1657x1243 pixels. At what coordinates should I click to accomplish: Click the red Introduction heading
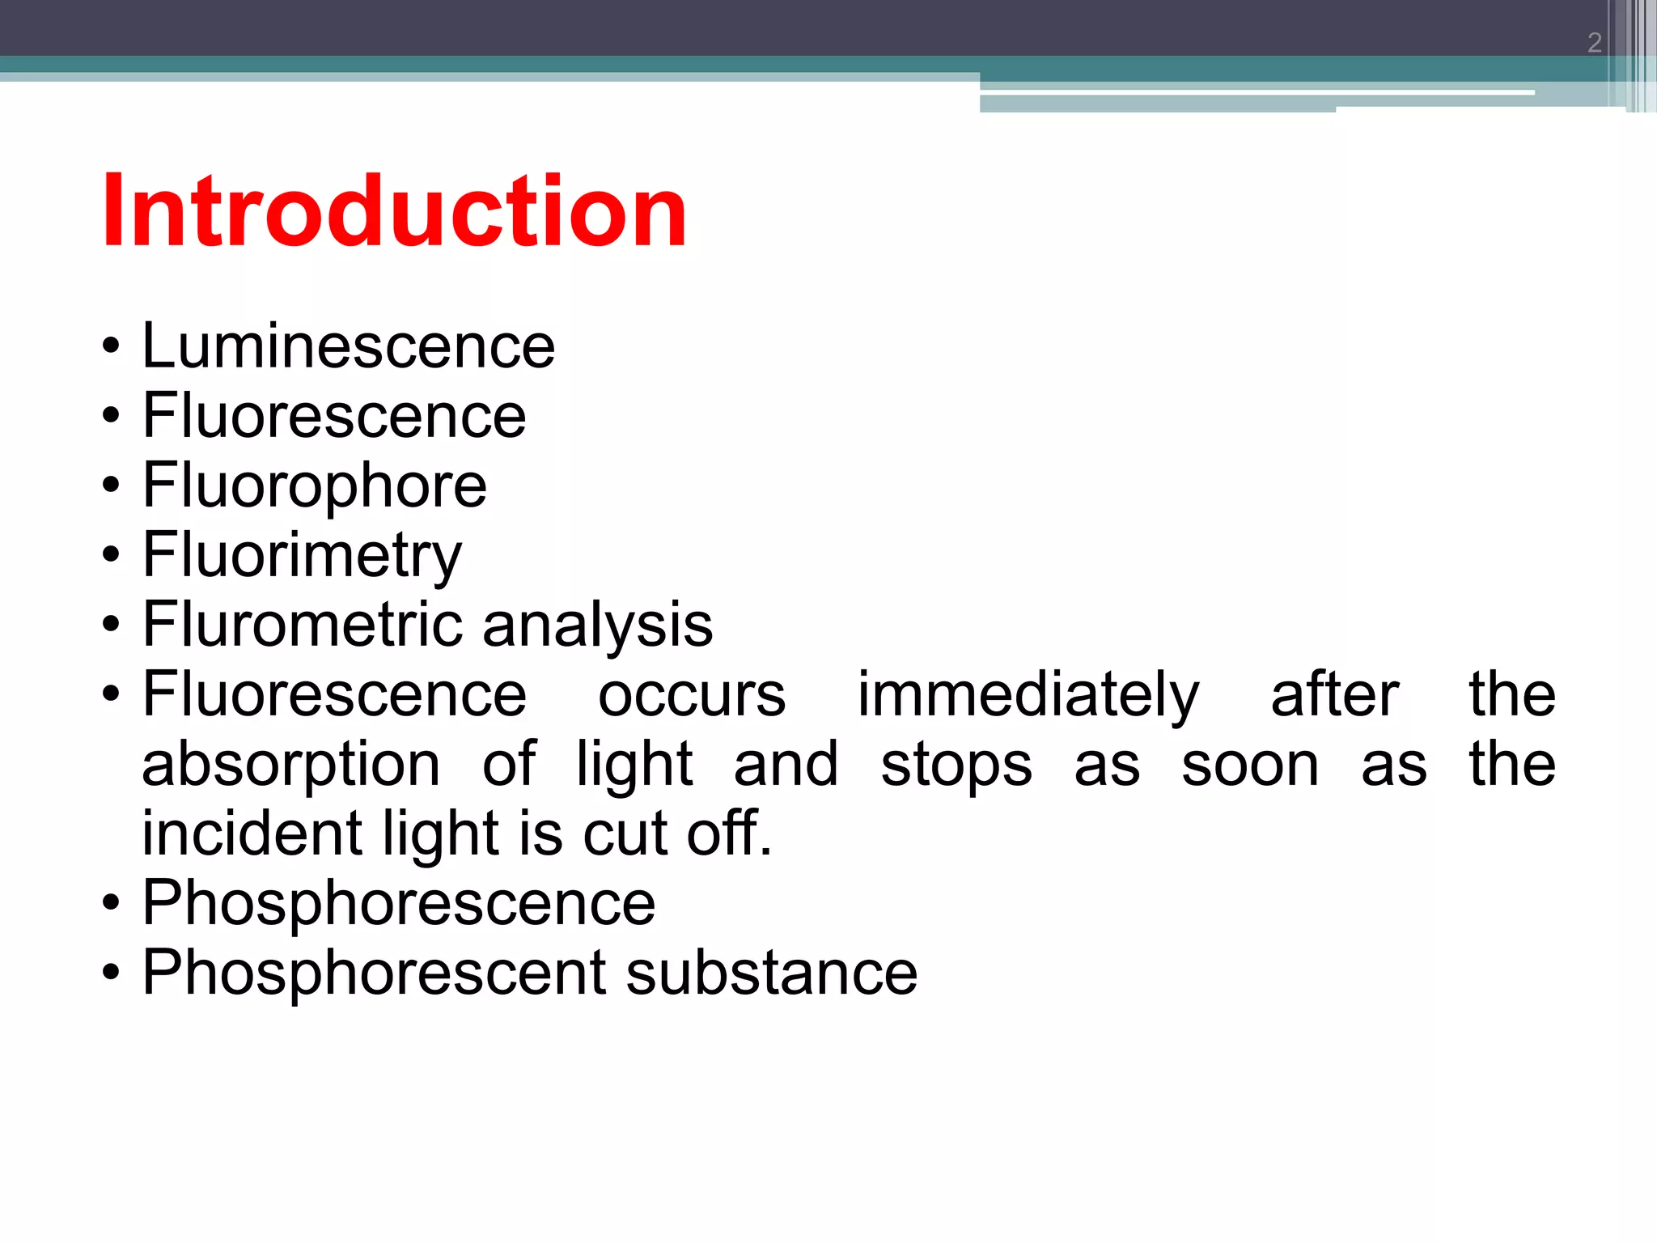(394, 212)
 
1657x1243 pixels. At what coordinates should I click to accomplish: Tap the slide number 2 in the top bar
(1594, 42)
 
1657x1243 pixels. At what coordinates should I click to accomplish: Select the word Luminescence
(349, 346)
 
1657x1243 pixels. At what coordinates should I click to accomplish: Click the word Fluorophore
(315, 486)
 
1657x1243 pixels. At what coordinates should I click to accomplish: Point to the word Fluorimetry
(302, 555)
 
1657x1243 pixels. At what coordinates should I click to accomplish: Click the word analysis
(598, 625)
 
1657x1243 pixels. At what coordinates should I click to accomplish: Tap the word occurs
(692, 694)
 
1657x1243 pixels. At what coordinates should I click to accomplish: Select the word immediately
(1028, 694)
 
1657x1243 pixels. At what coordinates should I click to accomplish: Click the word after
(1335, 694)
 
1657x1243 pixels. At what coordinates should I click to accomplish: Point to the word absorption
(291, 764)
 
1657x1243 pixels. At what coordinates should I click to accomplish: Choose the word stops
(956, 764)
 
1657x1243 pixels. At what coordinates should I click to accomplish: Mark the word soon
(1250, 764)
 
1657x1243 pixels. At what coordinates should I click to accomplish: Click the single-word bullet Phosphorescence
(399, 903)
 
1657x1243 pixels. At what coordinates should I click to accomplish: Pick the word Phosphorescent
(373, 973)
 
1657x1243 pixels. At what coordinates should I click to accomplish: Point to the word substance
(772, 973)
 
